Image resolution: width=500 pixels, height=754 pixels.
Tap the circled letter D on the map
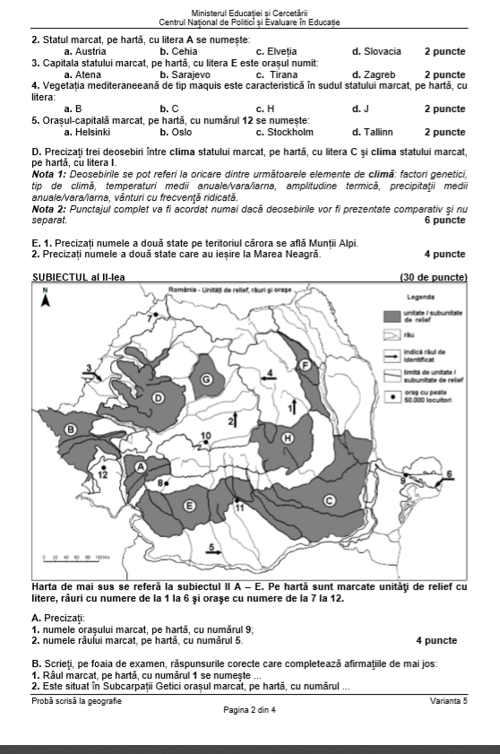(159, 396)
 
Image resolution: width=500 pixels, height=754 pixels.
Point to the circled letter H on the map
(288, 438)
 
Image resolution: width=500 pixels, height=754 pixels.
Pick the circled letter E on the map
(189, 507)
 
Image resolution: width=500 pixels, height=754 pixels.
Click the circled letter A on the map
(141, 466)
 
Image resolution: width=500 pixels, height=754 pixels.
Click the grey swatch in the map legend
(391, 316)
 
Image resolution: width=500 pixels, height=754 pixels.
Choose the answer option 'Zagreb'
(370, 74)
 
